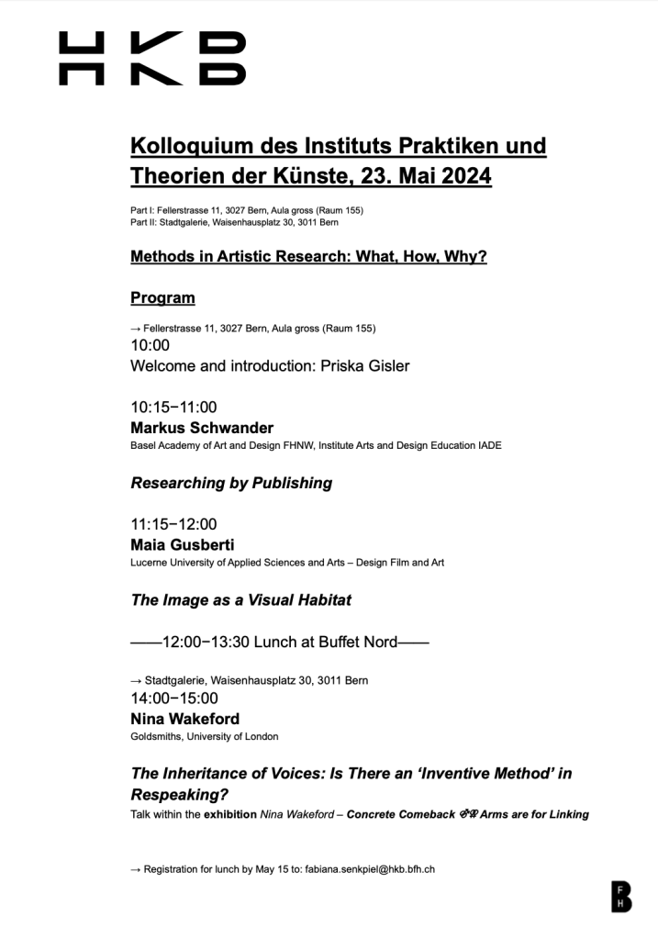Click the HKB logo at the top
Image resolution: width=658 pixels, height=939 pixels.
point(152,59)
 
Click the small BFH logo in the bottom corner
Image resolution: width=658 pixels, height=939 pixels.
point(621,896)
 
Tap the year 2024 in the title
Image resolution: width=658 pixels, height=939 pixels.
point(460,175)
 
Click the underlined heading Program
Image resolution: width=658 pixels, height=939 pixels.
point(162,297)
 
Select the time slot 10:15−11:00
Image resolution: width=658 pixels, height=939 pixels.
point(174,408)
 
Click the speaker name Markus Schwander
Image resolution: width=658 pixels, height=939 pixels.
point(202,428)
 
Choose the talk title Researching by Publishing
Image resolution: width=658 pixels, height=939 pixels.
point(231,483)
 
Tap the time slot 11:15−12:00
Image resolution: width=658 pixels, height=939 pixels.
point(174,524)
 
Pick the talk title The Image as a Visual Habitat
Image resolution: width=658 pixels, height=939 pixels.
point(241,600)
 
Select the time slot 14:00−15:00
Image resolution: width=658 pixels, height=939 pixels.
point(174,699)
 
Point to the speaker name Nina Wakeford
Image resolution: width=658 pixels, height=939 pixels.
point(186,718)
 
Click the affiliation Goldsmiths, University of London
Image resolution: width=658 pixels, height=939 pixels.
point(205,736)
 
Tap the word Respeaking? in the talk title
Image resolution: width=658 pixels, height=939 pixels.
point(180,795)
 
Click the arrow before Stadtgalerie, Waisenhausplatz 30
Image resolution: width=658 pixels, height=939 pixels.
point(136,680)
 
